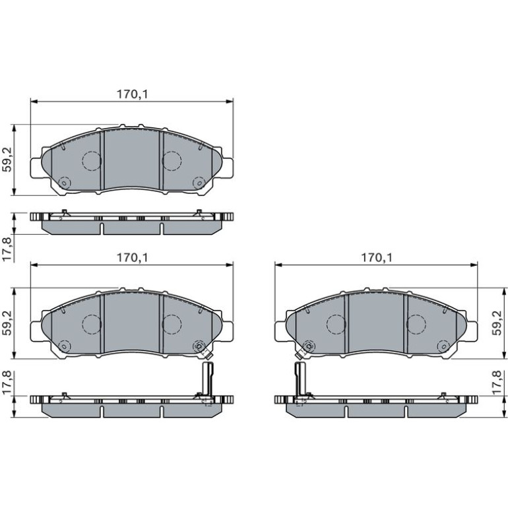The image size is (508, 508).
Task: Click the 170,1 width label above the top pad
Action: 132,94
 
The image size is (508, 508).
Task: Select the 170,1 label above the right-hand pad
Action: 377,257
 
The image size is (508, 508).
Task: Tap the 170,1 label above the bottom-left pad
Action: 132,257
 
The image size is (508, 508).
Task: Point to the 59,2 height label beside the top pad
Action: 7,159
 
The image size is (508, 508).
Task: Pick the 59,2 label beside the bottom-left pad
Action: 7,323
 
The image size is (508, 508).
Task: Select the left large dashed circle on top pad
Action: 92,161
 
